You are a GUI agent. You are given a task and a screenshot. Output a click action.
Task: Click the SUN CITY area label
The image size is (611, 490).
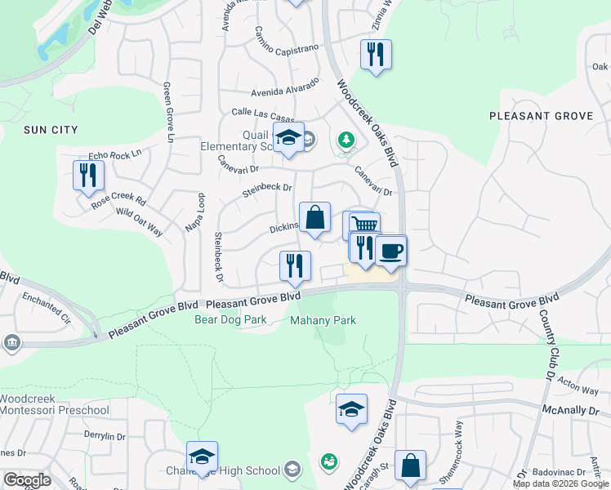[x=51, y=130]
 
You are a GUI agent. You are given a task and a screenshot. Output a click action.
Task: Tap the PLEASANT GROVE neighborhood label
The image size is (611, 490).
[x=541, y=116]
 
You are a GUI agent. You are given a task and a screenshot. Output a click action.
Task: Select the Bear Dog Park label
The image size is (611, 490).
[x=231, y=320]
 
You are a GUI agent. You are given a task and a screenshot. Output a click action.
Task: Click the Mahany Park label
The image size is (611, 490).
[x=323, y=320]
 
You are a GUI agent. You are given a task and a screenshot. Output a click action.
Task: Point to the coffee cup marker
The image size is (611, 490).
[x=390, y=251]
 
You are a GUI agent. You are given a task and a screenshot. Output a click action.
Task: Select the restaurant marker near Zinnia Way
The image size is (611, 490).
[x=376, y=56]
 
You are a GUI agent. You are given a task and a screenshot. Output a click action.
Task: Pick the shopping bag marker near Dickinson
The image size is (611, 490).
[x=314, y=218]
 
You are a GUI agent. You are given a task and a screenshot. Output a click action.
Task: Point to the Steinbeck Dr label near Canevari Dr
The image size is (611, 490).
[x=267, y=191]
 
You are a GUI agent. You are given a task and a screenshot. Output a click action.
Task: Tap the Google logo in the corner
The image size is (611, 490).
[x=27, y=480]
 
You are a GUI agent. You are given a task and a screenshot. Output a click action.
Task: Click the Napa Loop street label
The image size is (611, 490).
[x=194, y=213]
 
